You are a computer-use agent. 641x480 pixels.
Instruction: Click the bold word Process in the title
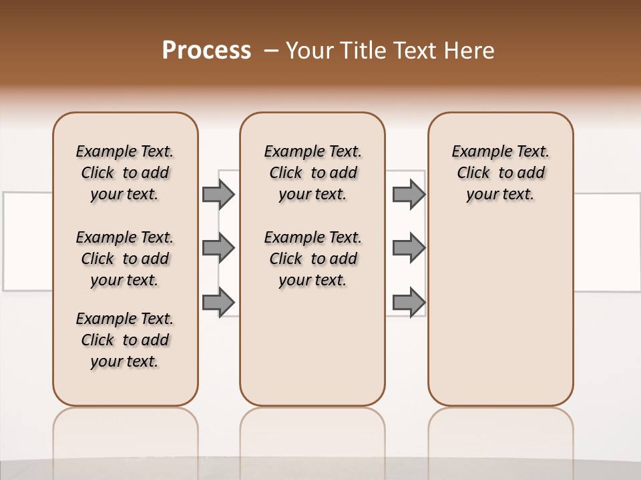(x=206, y=51)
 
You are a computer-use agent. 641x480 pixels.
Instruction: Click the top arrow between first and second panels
(x=218, y=194)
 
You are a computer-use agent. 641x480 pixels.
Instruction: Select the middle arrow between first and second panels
(x=218, y=248)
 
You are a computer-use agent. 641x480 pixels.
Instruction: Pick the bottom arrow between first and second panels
(x=218, y=302)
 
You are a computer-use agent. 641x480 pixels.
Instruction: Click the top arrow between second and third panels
(x=409, y=194)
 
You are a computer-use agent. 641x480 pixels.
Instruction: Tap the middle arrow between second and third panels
(x=409, y=248)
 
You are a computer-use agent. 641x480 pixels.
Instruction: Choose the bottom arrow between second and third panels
(x=409, y=302)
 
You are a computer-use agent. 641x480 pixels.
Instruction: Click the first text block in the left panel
(x=125, y=173)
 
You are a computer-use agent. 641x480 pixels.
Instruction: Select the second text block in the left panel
(x=125, y=259)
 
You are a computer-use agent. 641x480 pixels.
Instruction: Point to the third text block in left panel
(x=125, y=340)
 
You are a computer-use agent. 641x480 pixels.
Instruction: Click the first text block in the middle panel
(x=312, y=173)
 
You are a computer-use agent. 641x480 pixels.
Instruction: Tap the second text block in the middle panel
(x=312, y=259)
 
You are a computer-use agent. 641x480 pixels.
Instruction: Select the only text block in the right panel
(x=500, y=173)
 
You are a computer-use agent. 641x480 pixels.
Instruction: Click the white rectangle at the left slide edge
(x=27, y=241)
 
